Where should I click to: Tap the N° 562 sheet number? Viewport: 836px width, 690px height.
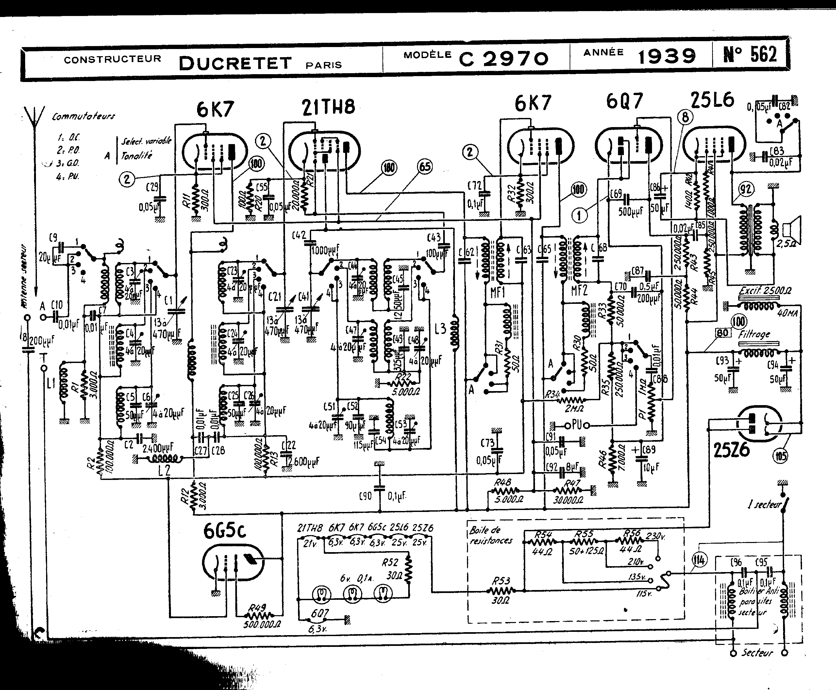click(x=750, y=55)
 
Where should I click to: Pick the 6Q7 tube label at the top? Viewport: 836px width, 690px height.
click(x=625, y=101)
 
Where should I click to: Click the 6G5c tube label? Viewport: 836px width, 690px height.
click(x=225, y=530)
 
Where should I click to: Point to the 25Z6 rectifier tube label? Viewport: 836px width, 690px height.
click(x=731, y=450)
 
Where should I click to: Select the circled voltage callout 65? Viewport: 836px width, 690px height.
click(x=425, y=167)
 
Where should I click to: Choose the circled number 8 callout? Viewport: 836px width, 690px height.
click(x=685, y=117)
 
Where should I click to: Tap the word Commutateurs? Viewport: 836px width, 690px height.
click(x=83, y=116)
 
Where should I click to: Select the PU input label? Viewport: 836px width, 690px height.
click(x=577, y=425)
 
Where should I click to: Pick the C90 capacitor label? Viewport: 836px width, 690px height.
click(x=365, y=496)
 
